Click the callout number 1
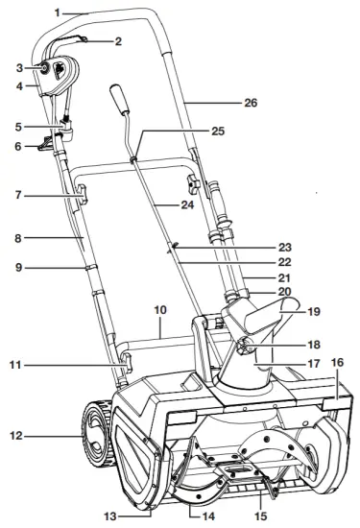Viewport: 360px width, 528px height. pos(58,13)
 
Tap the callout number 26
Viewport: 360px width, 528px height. pos(251,103)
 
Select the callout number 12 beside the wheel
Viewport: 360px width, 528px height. pos(15,436)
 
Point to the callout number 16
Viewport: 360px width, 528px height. pos(337,363)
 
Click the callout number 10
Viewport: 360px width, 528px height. pos(160,309)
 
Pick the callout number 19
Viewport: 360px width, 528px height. pos(314,311)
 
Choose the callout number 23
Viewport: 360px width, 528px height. pos(284,248)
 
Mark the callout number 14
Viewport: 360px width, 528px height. pos(208,516)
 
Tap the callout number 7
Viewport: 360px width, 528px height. pos(18,195)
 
